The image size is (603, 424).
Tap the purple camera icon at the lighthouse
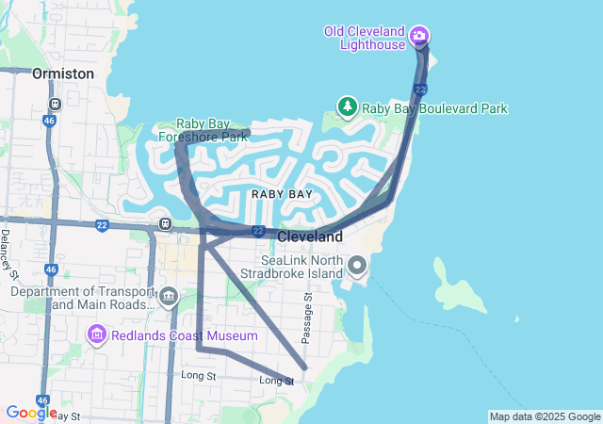(x=419, y=38)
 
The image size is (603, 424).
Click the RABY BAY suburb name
(x=282, y=193)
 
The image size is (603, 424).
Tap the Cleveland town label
(x=309, y=236)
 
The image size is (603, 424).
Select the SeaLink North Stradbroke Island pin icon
(x=357, y=265)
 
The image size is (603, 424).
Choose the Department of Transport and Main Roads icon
(x=169, y=298)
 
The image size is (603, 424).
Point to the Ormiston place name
(x=63, y=73)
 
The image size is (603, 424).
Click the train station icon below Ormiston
(x=56, y=104)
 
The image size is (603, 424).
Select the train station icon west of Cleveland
(x=165, y=224)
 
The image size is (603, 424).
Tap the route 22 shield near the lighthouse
(x=420, y=90)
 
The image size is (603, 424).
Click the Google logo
(x=30, y=412)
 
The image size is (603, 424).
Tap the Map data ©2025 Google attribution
(x=545, y=416)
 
